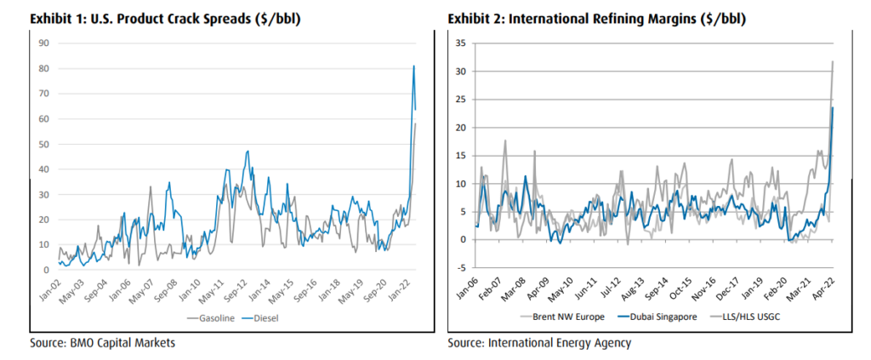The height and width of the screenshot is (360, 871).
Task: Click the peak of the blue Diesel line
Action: (x=413, y=66)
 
